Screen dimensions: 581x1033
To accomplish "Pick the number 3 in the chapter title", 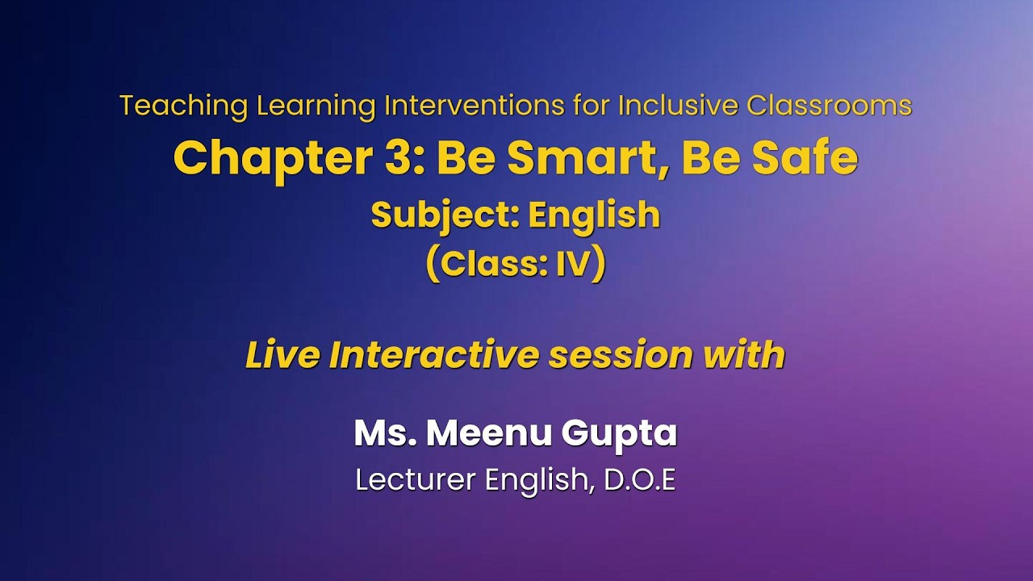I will (x=395, y=159).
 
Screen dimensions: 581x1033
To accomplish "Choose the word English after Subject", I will (x=594, y=215).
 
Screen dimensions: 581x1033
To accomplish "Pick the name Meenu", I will (x=488, y=433).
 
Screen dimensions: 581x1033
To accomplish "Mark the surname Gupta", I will (x=619, y=433).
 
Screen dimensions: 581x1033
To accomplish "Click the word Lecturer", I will (x=416, y=480).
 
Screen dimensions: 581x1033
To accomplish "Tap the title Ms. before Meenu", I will (x=383, y=433).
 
